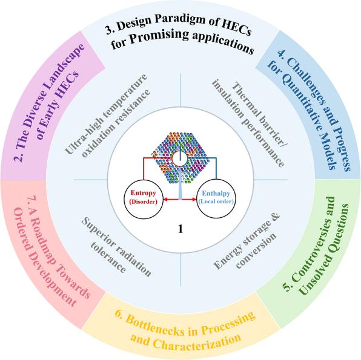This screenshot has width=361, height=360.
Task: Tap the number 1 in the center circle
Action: tap(180, 229)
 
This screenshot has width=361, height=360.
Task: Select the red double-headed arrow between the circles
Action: tap(180, 199)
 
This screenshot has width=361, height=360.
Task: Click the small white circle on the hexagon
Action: tap(180, 159)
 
